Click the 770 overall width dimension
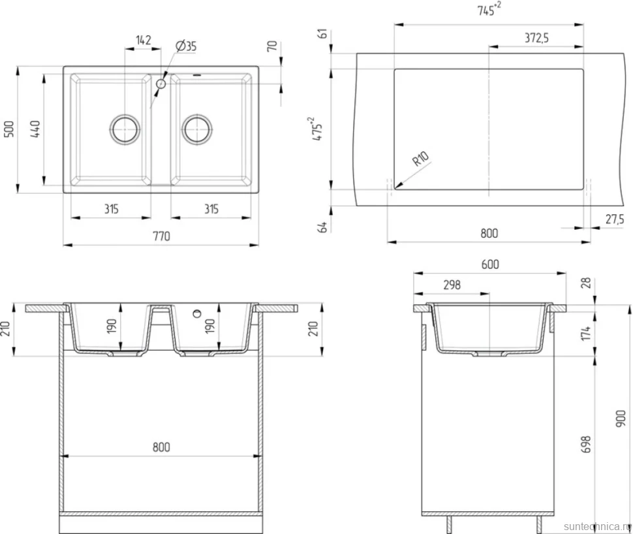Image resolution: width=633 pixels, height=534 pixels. (x=161, y=236)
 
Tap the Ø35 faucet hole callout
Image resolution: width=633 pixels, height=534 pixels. (x=186, y=46)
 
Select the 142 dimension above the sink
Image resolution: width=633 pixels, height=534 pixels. (x=144, y=40)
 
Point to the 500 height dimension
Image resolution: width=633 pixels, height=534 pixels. (x=9, y=129)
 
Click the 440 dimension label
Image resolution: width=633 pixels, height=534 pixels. (x=35, y=129)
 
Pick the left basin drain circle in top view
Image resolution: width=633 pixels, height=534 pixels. (x=125, y=129)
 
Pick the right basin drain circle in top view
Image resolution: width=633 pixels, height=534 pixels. (x=197, y=129)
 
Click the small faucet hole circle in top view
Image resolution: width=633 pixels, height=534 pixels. (x=161, y=84)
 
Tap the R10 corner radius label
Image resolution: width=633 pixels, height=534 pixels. (x=420, y=159)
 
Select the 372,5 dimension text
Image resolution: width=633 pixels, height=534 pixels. (x=536, y=38)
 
